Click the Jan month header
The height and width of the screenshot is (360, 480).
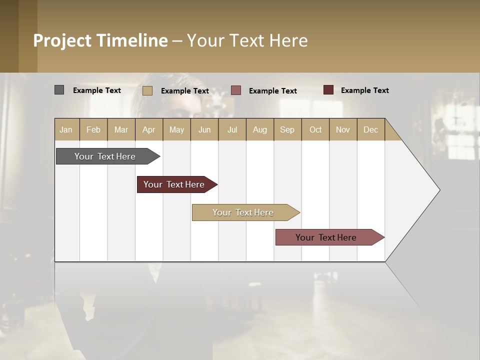pos(66,129)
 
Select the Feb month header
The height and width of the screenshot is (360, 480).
pos(93,129)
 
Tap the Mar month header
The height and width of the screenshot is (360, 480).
pos(121,129)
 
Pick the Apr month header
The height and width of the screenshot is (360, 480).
pos(148,129)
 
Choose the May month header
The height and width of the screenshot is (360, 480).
pos(176,129)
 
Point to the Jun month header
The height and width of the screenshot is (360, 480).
pos(204,129)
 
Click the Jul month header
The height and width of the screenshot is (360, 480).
pos(232,129)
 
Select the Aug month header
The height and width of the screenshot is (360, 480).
pos(259,129)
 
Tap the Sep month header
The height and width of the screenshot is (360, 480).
pos(287,129)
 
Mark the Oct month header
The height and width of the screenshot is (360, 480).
pos(315,129)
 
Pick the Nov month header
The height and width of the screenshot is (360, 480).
pos(343,129)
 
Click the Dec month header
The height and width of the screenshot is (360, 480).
pos(370,129)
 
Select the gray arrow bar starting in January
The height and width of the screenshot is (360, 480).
pos(105,156)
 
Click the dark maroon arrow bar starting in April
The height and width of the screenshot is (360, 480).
pos(174,184)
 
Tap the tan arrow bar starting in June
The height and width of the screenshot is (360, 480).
pos(243,212)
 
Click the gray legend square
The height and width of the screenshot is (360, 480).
pos(59,90)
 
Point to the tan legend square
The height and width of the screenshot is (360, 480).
pos(147,90)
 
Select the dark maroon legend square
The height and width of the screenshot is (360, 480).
pos(328,90)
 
